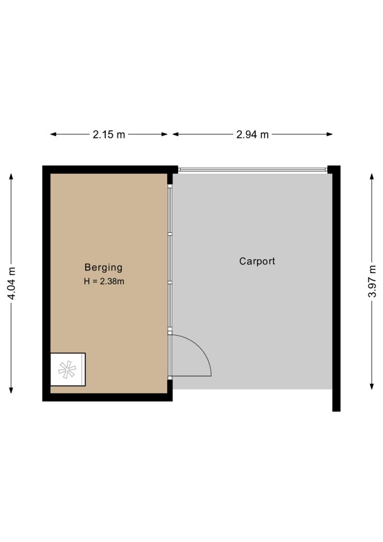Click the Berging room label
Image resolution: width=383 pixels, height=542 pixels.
coord(103,267)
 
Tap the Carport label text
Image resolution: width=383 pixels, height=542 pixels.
coord(257,261)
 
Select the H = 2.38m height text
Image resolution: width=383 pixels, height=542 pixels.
coord(104,282)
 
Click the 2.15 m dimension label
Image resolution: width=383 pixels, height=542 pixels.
coord(109,134)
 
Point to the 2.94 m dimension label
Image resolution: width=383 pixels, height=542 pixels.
coord(252,134)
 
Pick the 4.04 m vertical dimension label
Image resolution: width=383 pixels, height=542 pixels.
coord(12,284)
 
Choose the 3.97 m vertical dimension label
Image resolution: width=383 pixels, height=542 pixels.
coord(372,281)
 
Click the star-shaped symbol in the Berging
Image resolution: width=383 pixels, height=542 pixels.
coord(67,369)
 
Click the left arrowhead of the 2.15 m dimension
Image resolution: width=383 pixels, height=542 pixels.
coord(53,134)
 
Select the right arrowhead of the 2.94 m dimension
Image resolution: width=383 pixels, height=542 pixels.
coord(330,134)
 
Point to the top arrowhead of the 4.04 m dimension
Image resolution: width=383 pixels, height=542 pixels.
coord(11,177)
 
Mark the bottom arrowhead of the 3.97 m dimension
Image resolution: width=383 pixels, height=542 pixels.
coord(372,386)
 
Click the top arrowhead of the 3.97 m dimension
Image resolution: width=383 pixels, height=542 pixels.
coord(372,177)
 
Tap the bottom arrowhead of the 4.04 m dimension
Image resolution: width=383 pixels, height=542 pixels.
coord(11,390)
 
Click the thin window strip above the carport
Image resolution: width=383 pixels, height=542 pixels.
coord(252,170)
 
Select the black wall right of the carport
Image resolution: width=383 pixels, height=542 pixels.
coord(336,288)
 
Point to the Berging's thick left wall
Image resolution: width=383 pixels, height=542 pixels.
coord(46,284)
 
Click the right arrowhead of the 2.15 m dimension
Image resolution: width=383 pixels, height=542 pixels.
coord(165,134)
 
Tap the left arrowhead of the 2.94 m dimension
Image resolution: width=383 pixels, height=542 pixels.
coord(176,134)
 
